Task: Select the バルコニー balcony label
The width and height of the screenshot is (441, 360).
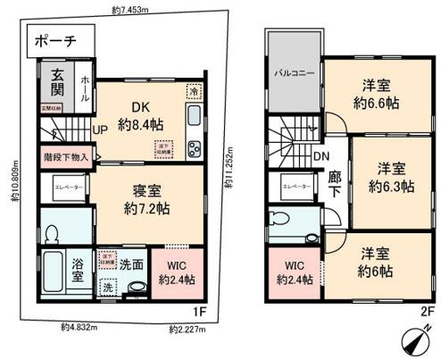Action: [x=293, y=71]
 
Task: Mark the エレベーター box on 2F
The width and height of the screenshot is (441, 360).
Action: [x=295, y=187]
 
